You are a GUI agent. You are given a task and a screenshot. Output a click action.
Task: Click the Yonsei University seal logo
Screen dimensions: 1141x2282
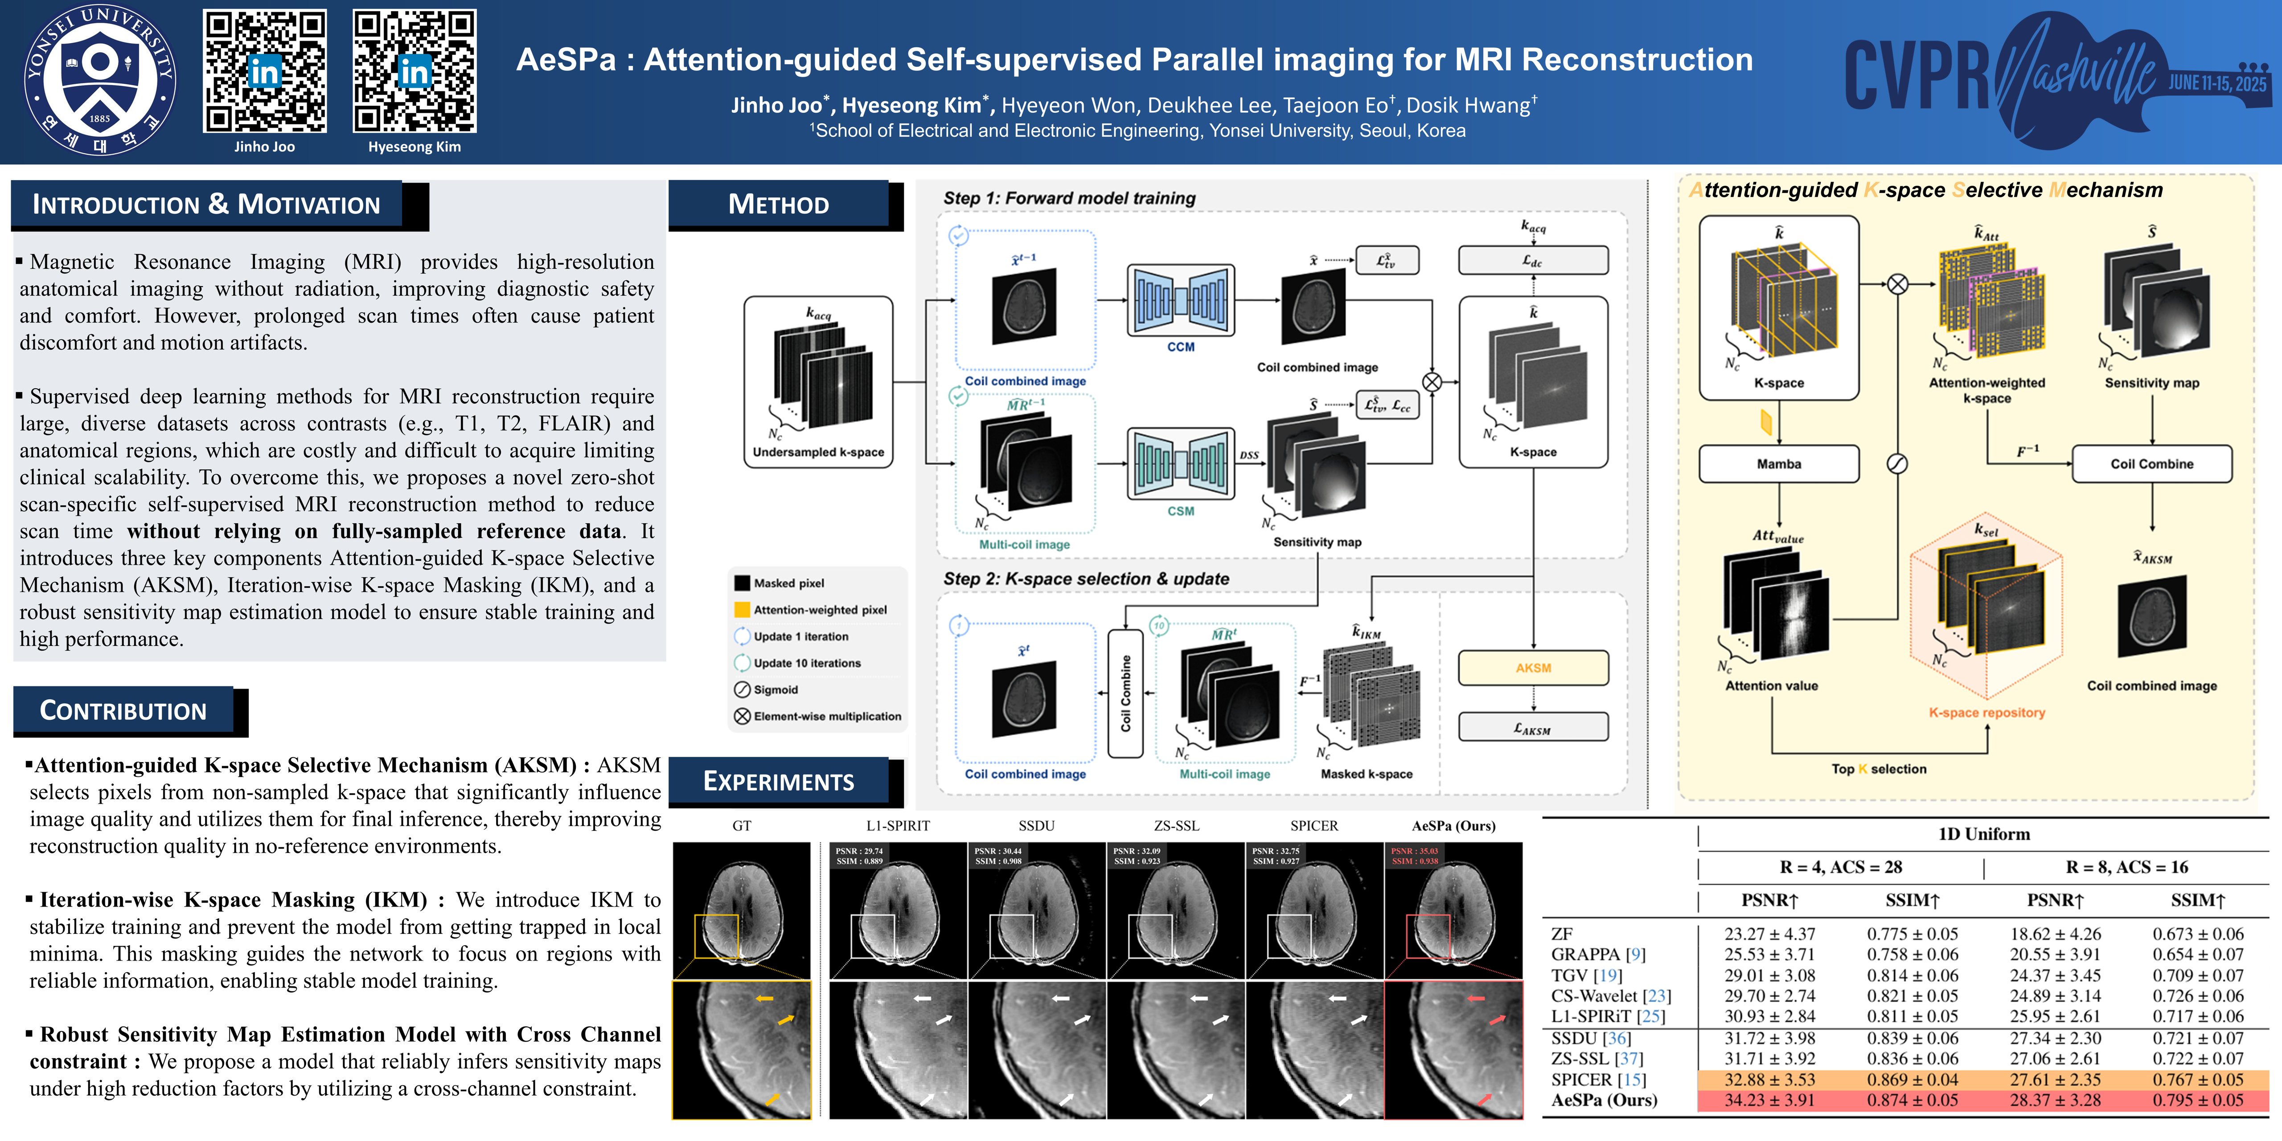99,80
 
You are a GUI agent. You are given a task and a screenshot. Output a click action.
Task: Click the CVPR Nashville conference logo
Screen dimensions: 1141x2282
2055,80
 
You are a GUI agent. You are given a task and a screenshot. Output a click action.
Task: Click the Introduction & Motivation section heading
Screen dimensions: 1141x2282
206,205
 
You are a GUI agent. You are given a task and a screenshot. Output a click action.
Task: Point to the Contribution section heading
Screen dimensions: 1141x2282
123,710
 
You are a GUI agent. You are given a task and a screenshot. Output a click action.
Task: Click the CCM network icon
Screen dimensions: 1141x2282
1180,300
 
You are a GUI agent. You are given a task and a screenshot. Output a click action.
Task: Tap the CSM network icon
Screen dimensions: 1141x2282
1180,464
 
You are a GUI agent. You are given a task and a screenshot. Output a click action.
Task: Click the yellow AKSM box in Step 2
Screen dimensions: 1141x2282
1533,668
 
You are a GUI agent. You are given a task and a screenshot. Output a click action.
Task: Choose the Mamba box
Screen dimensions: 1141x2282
1779,464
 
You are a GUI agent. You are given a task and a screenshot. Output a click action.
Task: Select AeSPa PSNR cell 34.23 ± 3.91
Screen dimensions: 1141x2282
1769,1100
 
